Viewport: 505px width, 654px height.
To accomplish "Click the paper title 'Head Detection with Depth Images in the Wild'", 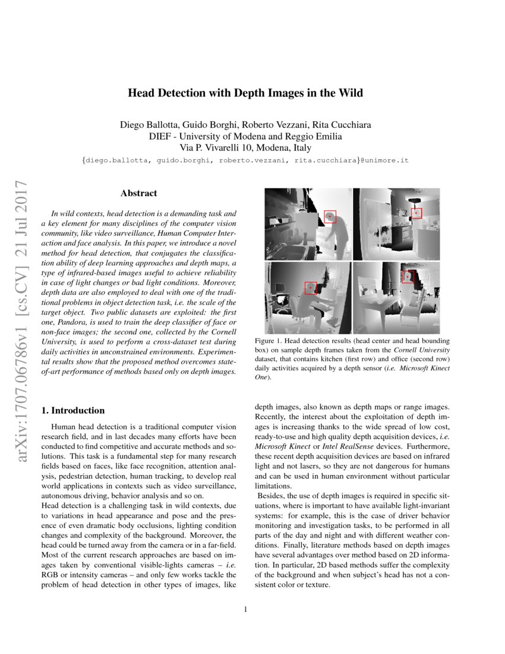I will tap(245, 93).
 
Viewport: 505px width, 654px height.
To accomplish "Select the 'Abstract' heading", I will tap(138, 193).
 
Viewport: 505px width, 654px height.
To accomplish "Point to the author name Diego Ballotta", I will tap(147, 125).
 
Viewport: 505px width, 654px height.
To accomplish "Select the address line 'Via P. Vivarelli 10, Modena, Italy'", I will tap(245, 147).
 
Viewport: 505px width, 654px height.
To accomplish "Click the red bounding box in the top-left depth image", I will tap(330, 217).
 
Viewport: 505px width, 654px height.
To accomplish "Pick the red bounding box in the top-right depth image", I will tap(416, 213).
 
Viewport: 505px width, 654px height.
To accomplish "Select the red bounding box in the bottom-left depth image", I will tap(311, 288).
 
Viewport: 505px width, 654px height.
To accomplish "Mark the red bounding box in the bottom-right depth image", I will tap(408, 276).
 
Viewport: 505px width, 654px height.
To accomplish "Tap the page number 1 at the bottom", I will tap(245, 609).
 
